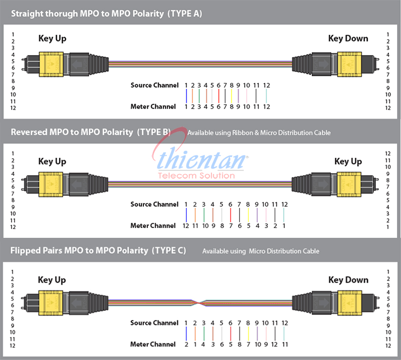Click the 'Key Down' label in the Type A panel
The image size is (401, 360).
point(348,39)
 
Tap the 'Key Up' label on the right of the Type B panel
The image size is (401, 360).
point(348,162)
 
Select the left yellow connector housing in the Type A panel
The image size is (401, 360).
point(51,64)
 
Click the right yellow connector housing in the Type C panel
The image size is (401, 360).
point(349,303)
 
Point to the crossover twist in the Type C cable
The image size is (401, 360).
point(198,303)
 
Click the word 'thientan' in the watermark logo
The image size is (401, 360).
point(202,159)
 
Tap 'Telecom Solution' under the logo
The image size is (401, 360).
point(196,176)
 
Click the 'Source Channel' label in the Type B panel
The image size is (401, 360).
point(154,204)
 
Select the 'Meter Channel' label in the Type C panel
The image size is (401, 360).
point(153,344)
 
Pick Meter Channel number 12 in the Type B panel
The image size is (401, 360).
point(186,226)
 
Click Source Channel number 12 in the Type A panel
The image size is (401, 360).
point(267,85)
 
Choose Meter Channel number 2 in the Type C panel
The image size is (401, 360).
point(186,344)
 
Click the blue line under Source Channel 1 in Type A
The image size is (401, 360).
point(186,96)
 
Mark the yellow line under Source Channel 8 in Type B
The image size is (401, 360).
point(248,215)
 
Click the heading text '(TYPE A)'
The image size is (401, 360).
point(184,14)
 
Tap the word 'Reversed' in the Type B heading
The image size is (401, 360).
point(29,132)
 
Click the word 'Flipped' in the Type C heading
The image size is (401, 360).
point(26,251)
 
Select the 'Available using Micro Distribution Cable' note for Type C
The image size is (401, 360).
point(261,251)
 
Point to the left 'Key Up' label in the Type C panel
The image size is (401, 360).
point(52,280)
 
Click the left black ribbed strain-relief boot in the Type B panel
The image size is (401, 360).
point(98,184)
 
